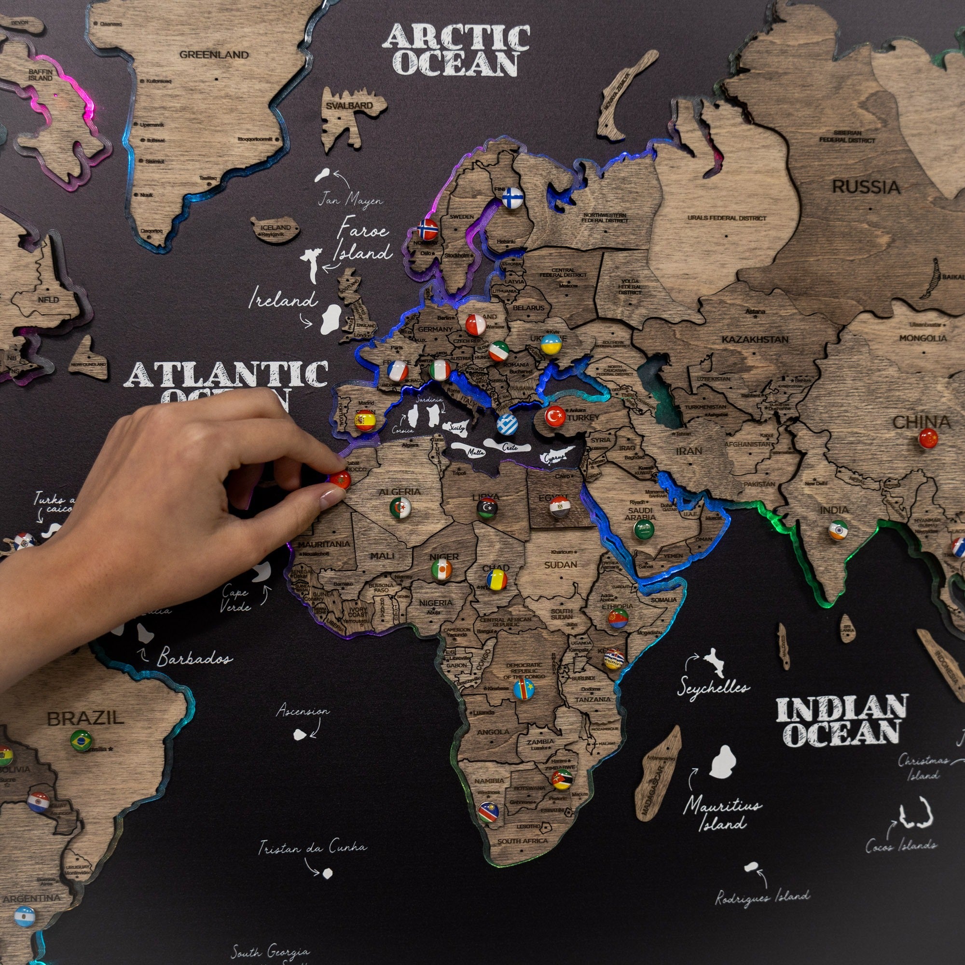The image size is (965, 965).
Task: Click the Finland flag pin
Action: click(512, 198)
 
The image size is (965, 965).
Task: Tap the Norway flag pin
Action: click(428, 230)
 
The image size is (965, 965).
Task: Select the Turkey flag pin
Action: click(555, 416)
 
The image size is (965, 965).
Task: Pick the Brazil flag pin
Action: click(81, 740)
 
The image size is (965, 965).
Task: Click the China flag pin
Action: click(928, 438)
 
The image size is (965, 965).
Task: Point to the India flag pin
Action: click(838, 530)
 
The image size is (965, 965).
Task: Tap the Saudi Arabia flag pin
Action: click(644, 529)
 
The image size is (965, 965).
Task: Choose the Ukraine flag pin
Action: click(551, 344)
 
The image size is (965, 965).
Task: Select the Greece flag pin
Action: click(507, 424)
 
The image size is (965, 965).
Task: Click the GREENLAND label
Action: click(214, 55)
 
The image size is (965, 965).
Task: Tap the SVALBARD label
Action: click(350, 106)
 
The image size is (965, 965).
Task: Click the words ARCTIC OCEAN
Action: click(456, 50)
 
